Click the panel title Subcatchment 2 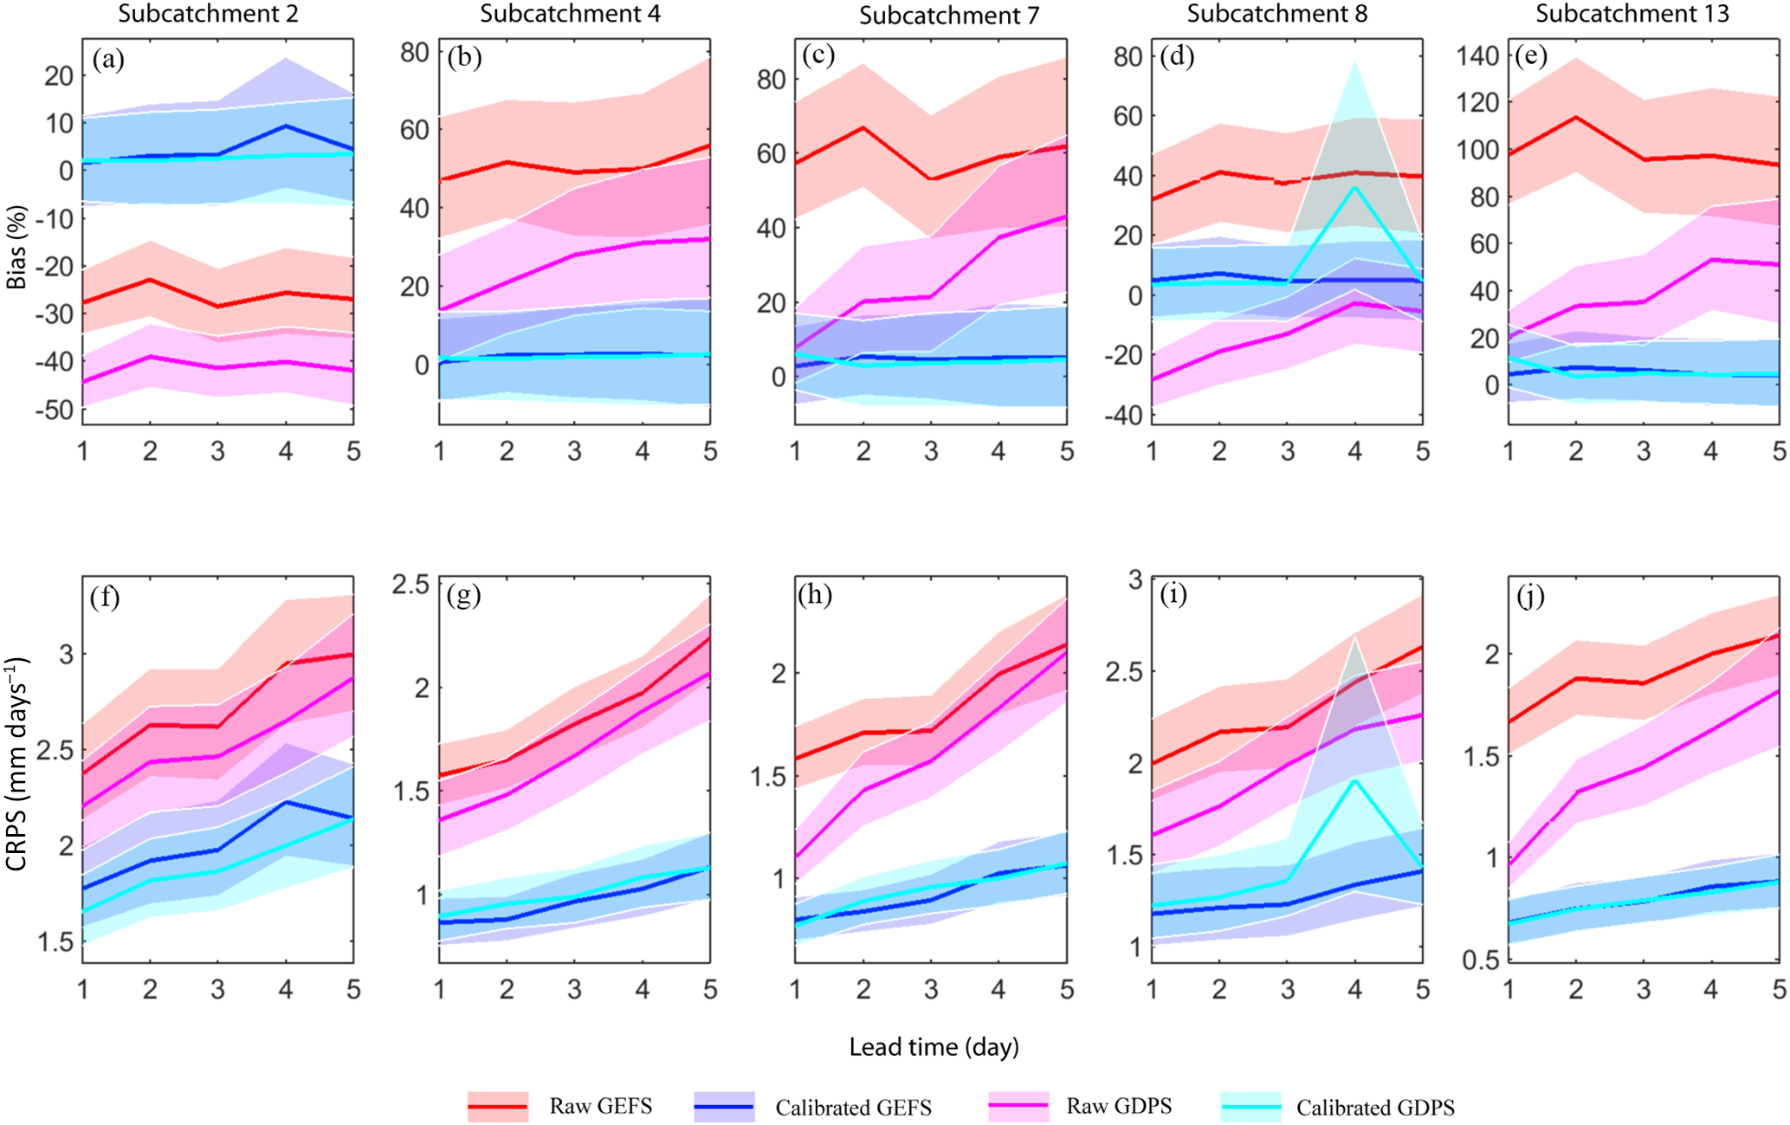[208, 14]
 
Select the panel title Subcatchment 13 [1632, 14]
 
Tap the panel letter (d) [1177, 58]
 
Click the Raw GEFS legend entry [560, 1106]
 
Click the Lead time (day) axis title [934, 1047]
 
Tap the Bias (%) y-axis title [16, 247]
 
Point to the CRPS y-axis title [16, 764]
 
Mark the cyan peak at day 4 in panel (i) [1354, 780]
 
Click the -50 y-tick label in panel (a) [55, 410]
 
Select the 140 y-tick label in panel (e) [1477, 56]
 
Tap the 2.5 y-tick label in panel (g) [410, 585]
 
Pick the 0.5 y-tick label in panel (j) [1480, 960]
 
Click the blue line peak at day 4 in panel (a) [286, 126]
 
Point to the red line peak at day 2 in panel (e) [1576, 117]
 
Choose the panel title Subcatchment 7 [949, 16]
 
